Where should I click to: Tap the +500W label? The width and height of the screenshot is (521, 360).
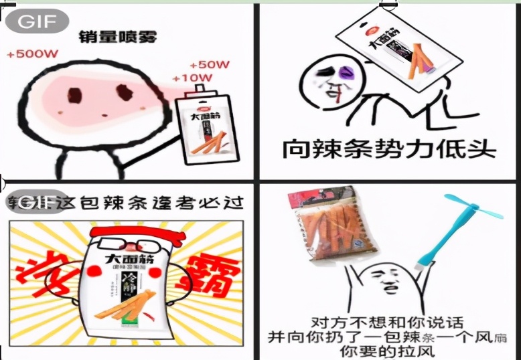(x=33, y=54)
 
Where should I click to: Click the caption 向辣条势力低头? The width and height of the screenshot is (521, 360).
(x=388, y=148)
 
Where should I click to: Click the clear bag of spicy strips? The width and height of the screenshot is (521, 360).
(x=325, y=228)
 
